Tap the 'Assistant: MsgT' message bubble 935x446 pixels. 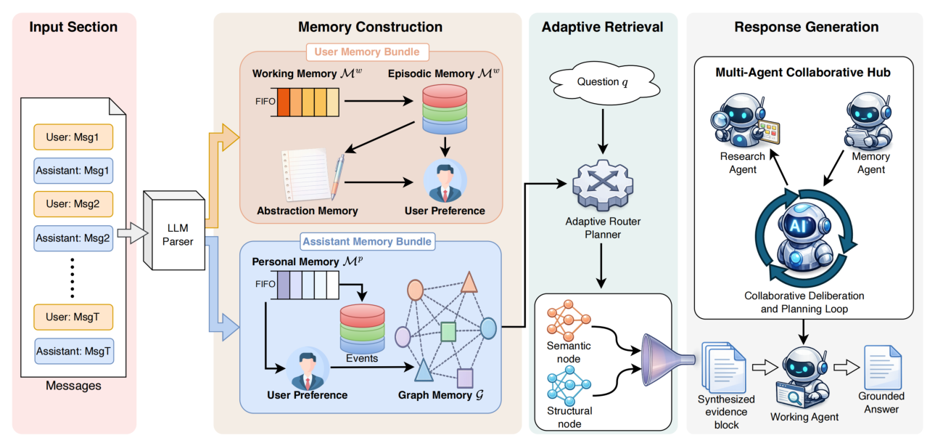(73, 352)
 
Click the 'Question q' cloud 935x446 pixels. (602, 82)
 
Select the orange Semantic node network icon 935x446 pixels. (569, 320)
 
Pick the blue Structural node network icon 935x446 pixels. (569, 383)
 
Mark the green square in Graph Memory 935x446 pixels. (448, 332)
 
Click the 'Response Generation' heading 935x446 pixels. (806, 28)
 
